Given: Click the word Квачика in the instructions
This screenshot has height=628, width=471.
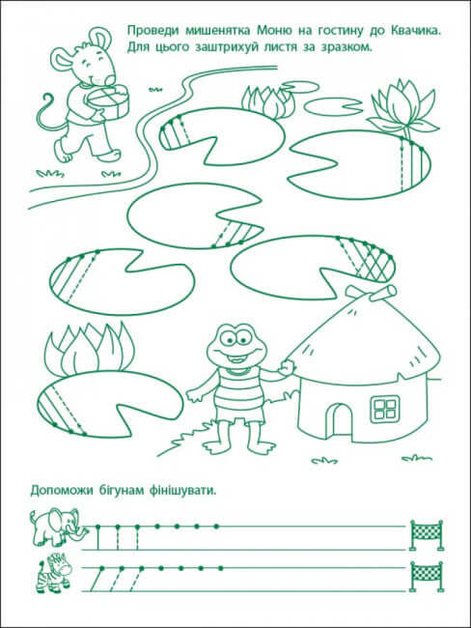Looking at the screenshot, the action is pos(414,31).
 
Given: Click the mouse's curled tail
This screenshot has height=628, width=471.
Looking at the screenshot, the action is pos(51,114).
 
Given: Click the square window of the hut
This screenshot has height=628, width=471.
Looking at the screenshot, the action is pos(385,408).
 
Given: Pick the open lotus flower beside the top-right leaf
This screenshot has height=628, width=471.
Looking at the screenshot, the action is pos(402,108).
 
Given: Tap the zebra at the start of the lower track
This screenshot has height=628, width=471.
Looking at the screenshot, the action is pos(54,573).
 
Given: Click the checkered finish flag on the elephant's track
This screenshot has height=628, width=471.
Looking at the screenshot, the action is pos(427,534).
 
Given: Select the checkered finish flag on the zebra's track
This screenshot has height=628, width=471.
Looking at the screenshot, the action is pos(427,576).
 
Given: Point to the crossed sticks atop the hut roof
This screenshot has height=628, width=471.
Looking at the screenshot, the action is pos(372,293).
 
